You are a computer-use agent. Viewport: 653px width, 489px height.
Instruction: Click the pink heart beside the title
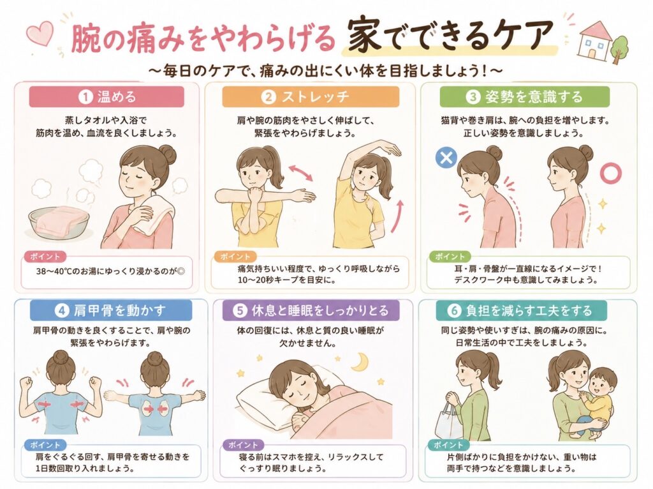pos(40,33)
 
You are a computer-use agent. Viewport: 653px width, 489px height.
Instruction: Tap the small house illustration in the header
pos(594,39)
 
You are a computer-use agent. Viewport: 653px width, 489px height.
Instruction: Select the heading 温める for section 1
pos(117,97)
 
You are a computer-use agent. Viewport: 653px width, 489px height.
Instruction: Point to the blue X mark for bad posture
pos(446,158)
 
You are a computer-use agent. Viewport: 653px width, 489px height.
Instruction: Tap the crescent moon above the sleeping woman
pos(360,361)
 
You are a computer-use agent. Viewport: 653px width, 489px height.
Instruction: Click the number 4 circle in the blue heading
pos(62,311)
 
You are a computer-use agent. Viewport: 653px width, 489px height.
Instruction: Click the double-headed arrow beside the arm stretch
pos(301,172)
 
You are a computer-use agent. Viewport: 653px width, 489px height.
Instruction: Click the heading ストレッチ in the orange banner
pos(315,97)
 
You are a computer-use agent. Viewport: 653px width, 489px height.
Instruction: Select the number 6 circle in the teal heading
pos(454,311)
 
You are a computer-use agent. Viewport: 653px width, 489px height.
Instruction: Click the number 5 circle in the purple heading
pos(240,311)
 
